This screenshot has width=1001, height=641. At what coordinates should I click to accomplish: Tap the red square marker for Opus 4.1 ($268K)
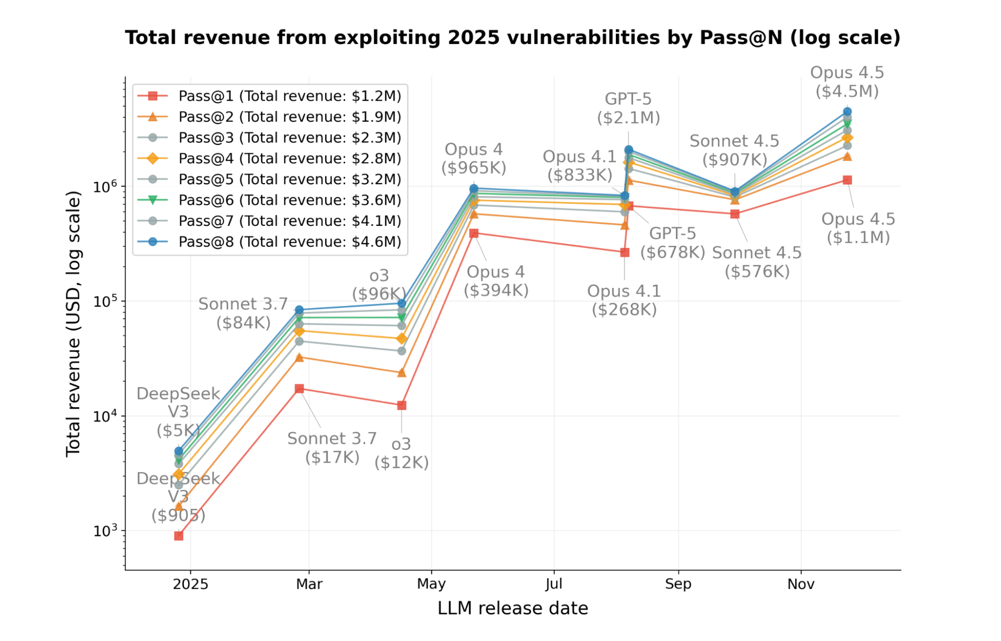624,252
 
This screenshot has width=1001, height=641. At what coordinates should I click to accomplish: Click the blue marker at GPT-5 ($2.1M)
628,150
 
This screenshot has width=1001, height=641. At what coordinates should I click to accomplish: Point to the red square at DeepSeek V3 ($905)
179,536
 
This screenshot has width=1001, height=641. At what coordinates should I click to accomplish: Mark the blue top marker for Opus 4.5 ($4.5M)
847,112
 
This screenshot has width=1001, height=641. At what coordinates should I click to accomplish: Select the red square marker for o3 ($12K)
402,405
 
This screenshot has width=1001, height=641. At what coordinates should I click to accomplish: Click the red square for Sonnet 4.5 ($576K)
735,214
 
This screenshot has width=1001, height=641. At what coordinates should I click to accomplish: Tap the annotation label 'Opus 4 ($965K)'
474,158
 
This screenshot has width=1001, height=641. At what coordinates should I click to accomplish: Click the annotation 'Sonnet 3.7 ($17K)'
332,447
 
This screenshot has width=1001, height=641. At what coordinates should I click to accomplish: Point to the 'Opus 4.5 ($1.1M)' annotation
858,228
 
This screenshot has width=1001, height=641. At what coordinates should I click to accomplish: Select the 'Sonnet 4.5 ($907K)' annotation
734,150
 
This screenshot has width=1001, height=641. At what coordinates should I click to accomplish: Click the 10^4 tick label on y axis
105,416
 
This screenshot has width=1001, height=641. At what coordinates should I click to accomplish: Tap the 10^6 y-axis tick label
105,186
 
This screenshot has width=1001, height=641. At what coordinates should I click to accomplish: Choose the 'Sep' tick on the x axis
678,584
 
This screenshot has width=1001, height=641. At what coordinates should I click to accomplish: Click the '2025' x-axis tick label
190,584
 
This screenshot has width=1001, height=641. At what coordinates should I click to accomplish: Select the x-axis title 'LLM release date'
512,608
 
